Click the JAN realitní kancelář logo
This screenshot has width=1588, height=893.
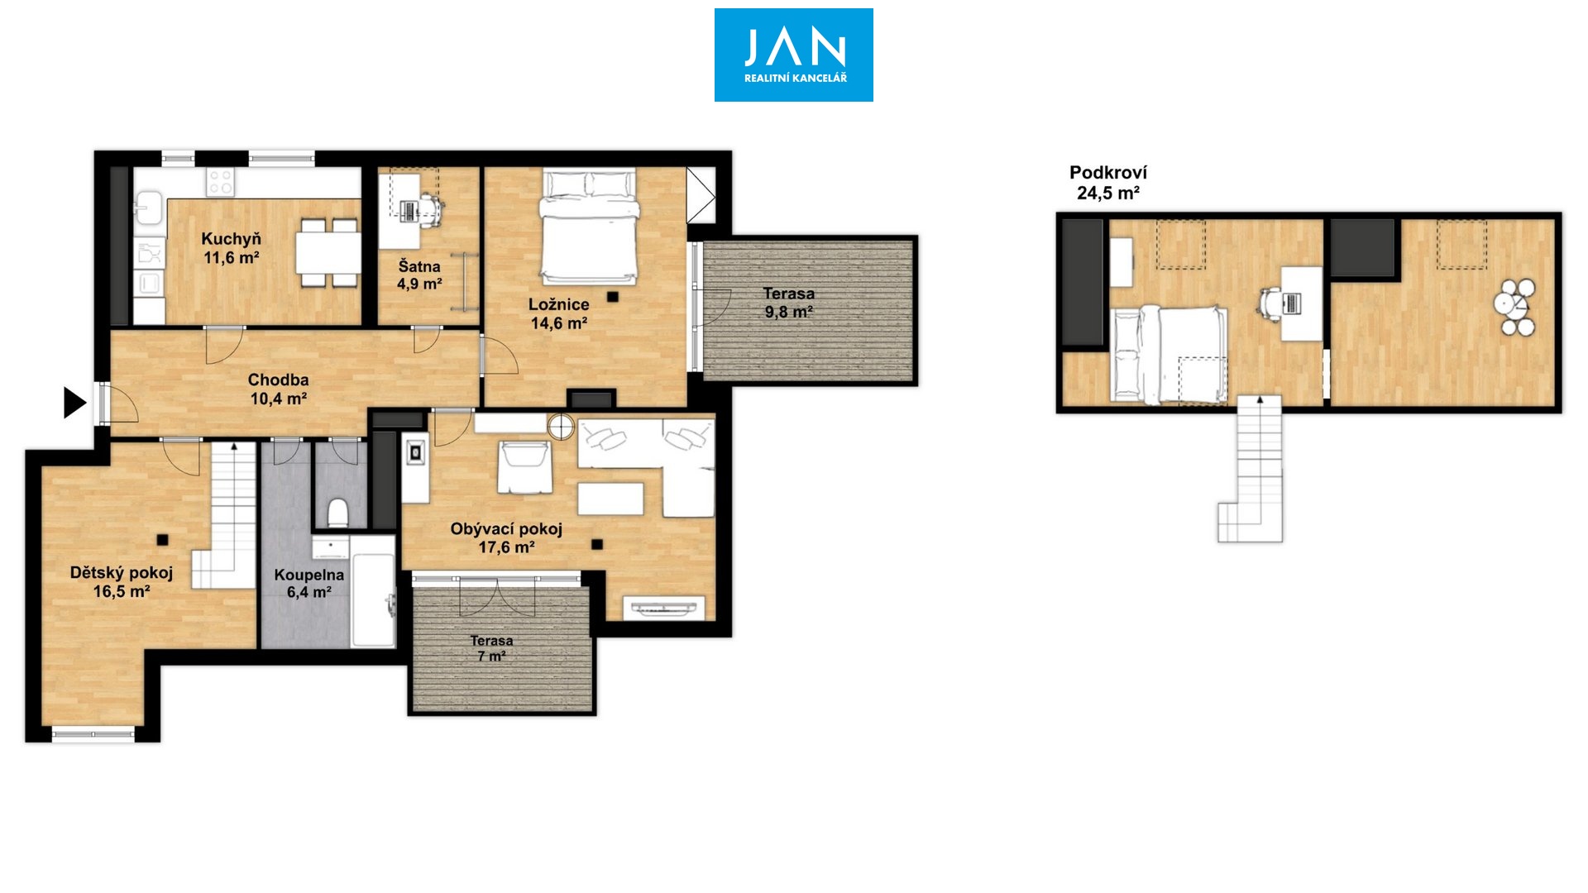[794, 55]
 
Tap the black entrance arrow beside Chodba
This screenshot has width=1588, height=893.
[74, 403]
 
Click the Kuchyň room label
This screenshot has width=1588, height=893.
[231, 239]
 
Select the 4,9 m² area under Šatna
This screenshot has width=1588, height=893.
[419, 284]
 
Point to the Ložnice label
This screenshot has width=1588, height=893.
[559, 304]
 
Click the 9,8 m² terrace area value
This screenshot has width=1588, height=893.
[788, 312]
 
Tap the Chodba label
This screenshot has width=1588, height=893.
[278, 380]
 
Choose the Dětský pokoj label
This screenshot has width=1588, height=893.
[122, 572]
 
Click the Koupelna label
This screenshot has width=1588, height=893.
[309, 575]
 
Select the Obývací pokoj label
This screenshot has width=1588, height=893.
[506, 528]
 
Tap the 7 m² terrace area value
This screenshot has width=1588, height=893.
[491, 656]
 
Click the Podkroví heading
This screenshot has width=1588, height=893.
[1108, 173]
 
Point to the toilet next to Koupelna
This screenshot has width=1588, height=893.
[337, 512]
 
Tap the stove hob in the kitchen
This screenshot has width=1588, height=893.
[221, 182]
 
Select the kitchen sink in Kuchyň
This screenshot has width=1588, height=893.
[149, 207]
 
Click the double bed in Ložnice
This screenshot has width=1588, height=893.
[589, 227]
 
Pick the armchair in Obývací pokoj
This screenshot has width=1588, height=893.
[524, 468]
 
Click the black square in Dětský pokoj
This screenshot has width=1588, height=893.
[163, 540]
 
